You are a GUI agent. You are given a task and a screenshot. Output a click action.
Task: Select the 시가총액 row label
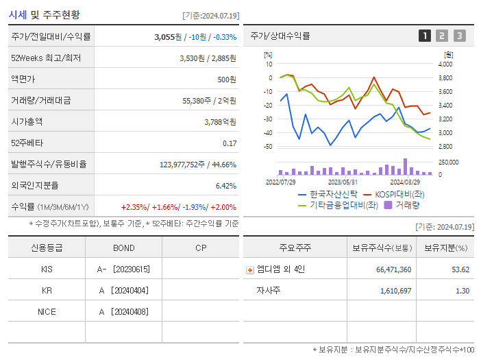coord(27,122)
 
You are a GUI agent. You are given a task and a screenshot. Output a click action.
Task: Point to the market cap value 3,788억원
coord(220,122)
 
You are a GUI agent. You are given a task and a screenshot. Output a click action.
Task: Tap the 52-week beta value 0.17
coord(230,143)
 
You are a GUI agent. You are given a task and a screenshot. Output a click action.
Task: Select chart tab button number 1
coord(425,36)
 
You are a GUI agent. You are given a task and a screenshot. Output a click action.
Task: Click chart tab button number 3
coord(459,36)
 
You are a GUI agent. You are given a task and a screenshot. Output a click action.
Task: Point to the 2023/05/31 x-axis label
coord(343,182)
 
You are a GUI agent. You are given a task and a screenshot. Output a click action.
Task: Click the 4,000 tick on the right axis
coord(445,64)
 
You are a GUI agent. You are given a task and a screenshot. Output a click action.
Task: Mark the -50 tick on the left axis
coord(269,147)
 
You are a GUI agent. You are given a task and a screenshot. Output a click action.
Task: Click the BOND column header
coord(124,248)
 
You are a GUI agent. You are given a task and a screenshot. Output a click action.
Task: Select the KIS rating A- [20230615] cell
coord(124,269)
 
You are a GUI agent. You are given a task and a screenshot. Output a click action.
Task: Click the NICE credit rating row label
coord(47,312)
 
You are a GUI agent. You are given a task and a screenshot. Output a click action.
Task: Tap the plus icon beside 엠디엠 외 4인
coord(249,269)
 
